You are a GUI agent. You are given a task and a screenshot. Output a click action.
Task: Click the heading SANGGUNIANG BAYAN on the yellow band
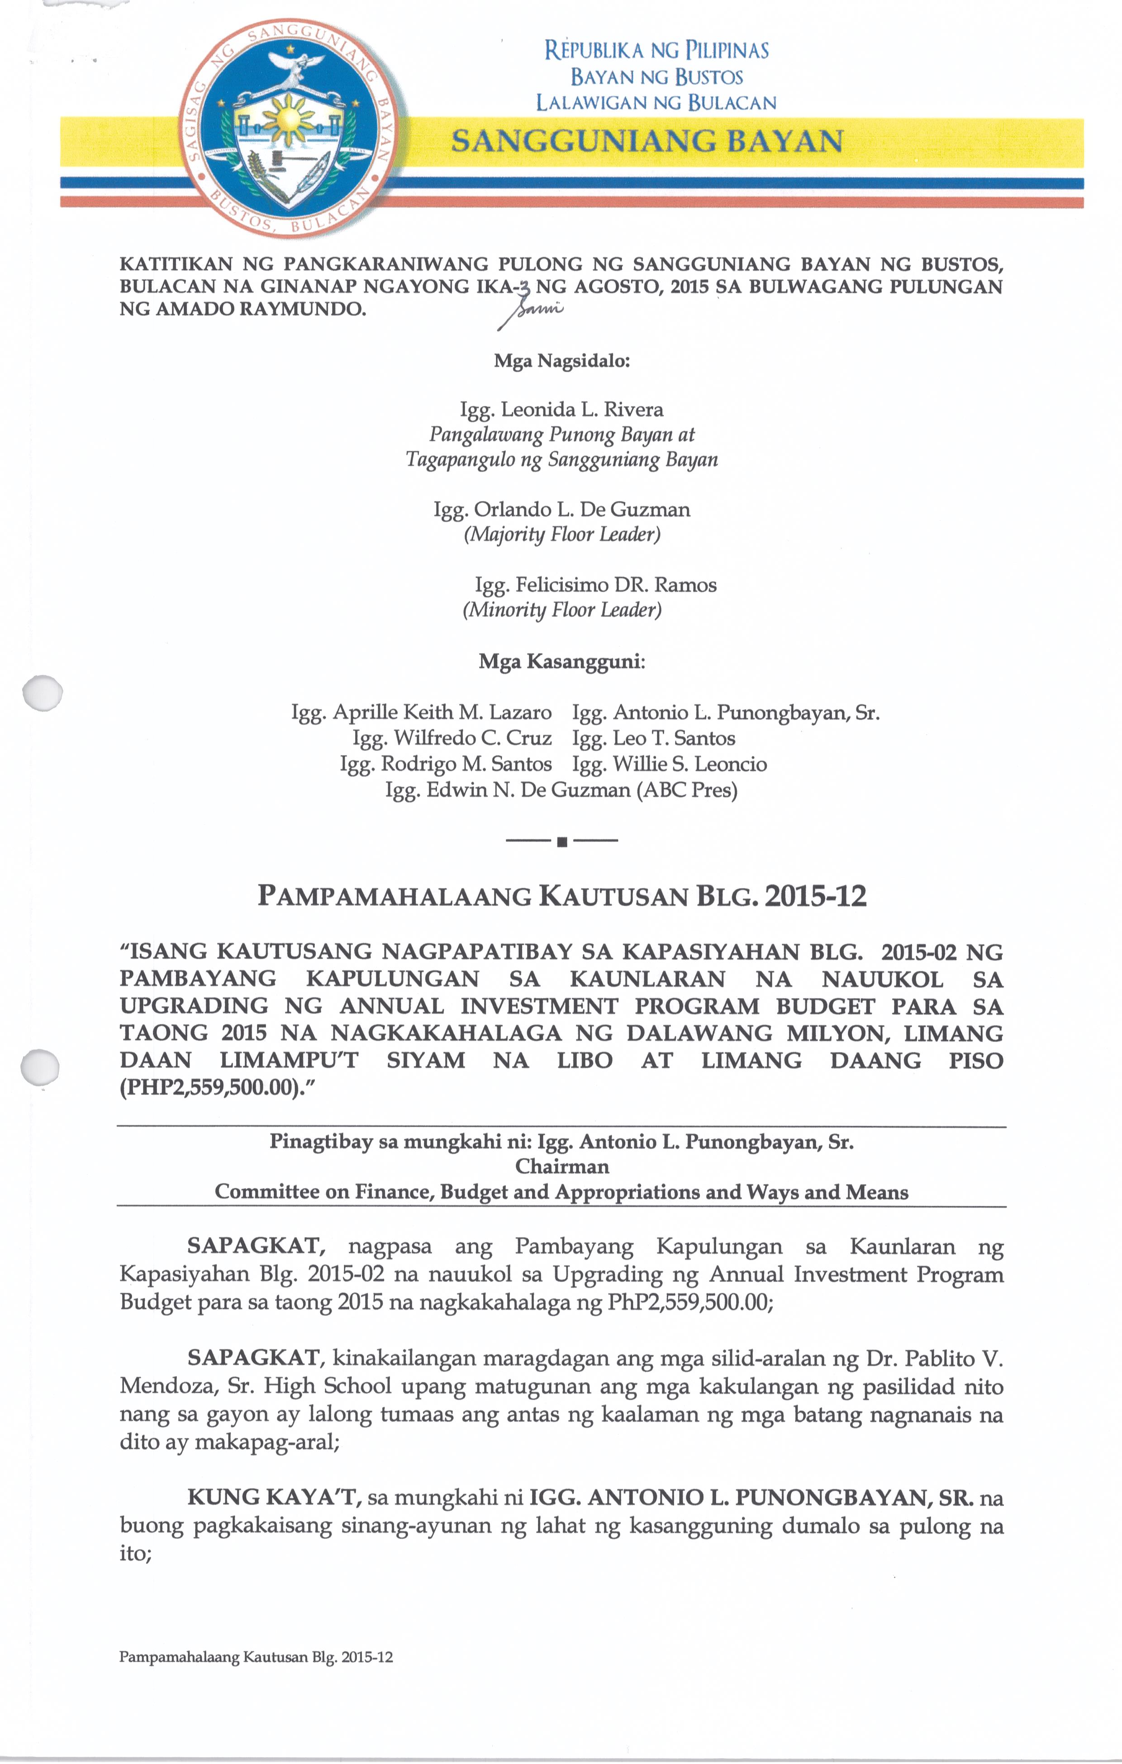(647, 141)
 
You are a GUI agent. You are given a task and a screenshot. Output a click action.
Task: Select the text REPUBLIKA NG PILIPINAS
(656, 51)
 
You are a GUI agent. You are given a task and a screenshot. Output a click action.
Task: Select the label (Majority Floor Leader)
(562, 534)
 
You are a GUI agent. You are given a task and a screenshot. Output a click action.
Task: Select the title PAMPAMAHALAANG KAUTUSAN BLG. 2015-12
(562, 896)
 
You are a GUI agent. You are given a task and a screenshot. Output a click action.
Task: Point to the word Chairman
(562, 1166)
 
